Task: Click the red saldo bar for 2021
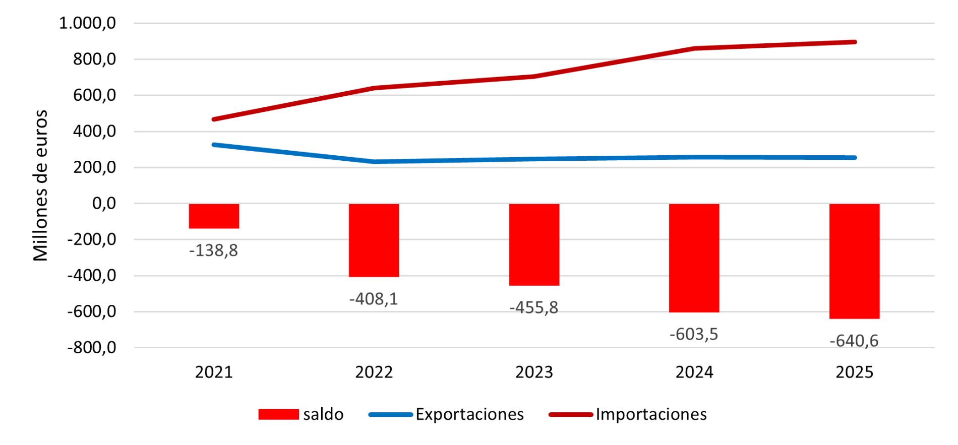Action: coord(214,216)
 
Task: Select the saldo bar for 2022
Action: coord(374,240)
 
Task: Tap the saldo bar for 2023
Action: coord(534,244)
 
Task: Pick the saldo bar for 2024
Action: coord(694,258)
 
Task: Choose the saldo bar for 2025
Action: coord(854,261)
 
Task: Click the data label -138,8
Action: coord(213,250)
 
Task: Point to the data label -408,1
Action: coord(374,299)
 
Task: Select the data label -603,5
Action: coord(694,334)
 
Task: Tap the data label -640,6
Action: coord(854,341)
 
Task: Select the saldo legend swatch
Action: coord(278,414)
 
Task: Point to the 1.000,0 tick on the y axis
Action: coord(88,23)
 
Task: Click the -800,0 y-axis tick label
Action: coord(91,348)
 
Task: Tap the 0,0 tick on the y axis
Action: coord(104,204)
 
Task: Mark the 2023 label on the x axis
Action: coord(534,372)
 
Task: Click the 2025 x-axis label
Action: coord(854,372)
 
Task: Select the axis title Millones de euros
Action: coord(40,185)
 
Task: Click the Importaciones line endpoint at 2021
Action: coord(214,119)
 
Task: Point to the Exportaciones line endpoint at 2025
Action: coord(854,158)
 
